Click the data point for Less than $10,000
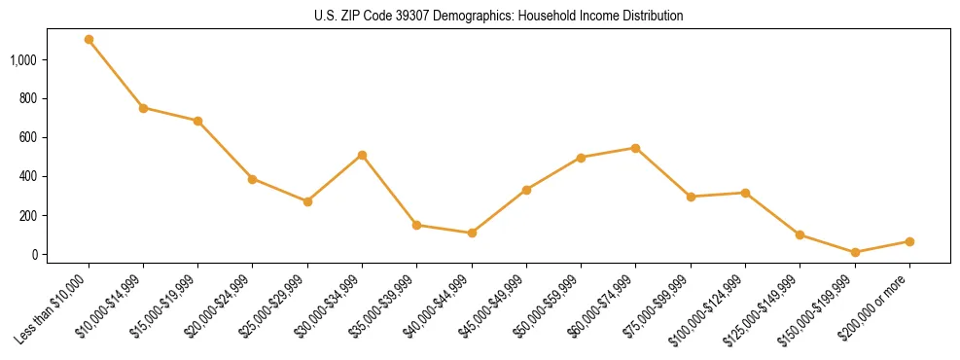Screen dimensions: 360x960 pos(89,40)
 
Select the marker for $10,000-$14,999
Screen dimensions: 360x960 pos(143,108)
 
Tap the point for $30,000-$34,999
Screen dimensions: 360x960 pos(362,155)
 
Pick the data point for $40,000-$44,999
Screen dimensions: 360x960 pos(472,233)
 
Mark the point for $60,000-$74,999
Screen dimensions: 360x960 pos(635,148)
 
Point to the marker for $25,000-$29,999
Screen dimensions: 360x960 pos(307,201)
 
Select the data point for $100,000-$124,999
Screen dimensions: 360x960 pos(745,193)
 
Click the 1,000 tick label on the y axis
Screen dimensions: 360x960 pos(22,60)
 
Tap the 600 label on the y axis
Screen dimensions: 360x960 pos(26,138)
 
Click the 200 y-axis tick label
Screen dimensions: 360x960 pos(26,216)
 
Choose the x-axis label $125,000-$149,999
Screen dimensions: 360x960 pos(767,309)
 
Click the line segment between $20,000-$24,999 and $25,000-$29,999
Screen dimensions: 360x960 pos(280,191)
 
